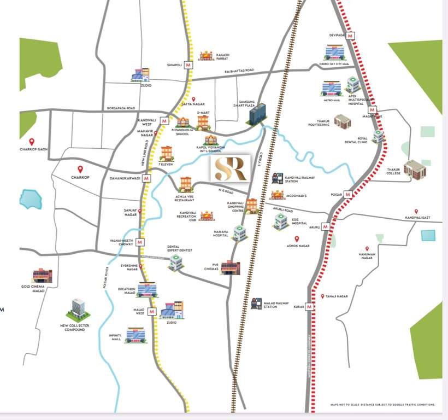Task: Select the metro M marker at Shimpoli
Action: click(188, 65)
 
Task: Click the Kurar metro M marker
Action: click(310, 307)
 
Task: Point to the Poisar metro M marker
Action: click(348, 194)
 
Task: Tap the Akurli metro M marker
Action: click(326, 226)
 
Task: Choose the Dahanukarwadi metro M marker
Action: click(147, 178)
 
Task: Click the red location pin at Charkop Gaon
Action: click(32, 141)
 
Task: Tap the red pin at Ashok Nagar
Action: click(297, 239)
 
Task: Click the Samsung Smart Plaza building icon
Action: click(257, 114)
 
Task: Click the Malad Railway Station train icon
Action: click(256, 304)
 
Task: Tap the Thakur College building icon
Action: click(414, 170)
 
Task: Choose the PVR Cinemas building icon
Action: click(230, 267)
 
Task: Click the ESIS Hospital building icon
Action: click(281, 221)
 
